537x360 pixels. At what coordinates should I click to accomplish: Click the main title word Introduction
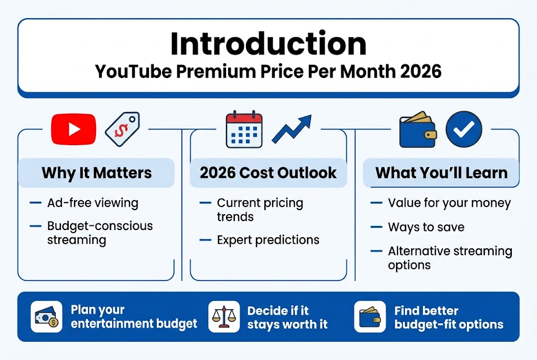tap(268, 45)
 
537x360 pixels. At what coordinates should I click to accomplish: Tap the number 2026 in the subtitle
tap(420, 72)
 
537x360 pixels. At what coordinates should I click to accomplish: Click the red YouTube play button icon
tap(73, 129)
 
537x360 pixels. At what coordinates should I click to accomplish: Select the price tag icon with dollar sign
tap(122, 129)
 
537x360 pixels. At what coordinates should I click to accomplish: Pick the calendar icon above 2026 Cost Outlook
tap(244, 129)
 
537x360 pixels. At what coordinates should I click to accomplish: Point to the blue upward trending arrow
tap(292, 129)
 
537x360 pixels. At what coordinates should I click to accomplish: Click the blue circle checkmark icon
tap(464, 129)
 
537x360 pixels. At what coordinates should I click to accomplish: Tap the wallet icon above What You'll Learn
tap(417, 129)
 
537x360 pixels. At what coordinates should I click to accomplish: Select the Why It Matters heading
tap(96, 173)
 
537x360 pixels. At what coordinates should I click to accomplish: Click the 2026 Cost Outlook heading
tap(268, 173)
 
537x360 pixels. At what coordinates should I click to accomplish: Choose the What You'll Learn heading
tap(441, 173)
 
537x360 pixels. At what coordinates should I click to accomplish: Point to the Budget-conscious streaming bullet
tap(100, 233)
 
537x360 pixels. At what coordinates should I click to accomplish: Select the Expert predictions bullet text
tap(268, 240)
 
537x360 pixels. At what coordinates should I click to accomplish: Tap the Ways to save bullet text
tap(426, 227)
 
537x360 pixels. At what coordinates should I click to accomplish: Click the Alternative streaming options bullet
tap(449, 258)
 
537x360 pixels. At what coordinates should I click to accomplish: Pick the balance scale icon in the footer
tap(224, 317)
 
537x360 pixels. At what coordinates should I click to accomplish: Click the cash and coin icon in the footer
tap(47, 317)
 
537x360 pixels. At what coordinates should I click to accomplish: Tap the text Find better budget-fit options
tap(448, 317)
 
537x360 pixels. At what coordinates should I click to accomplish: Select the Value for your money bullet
tap(449, 203)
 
